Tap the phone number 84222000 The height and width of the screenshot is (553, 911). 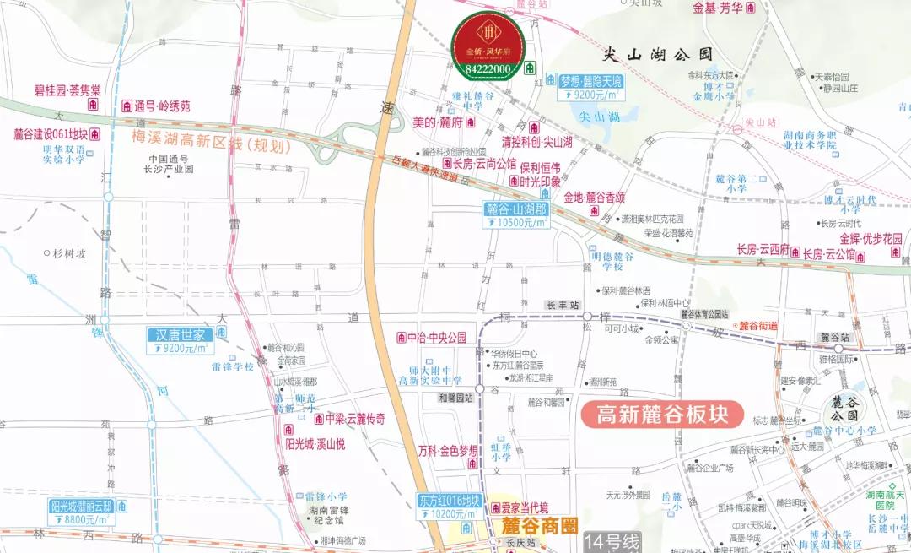pyautogui.click(x=488, y=68)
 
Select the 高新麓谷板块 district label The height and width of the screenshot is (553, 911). pyautogui.click(x=661, y=415)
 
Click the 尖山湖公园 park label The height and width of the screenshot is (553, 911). pyautogui.click(x=659, y=54)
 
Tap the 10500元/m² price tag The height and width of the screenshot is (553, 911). pyautogui.click(x=516, y=223)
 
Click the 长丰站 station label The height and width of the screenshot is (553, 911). pyautogui.click(x=562, y=304)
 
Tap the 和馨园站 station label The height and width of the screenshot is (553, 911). pyautogui.click(x=455, y=398)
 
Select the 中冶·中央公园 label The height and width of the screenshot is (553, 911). pyautogui.click(x=436, y=338)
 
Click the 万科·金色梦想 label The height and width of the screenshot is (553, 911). pyautogui.click(x=447, y=450)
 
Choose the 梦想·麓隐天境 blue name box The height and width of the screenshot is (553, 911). pyautogui.click(x=591, y=81)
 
